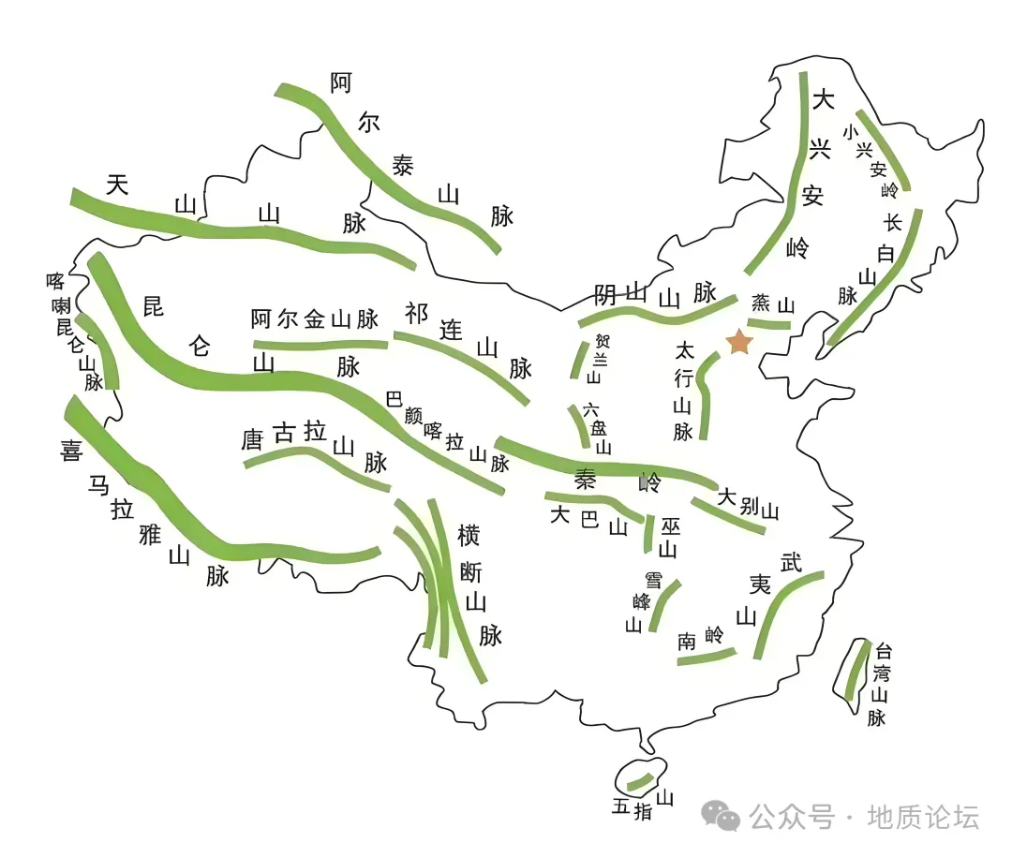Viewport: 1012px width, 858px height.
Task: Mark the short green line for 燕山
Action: click(769, 324)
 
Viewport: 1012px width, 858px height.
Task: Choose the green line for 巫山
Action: click(647, 533)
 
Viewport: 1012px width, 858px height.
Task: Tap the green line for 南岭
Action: click(707, 658)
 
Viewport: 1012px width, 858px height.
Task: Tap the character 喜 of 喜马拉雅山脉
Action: click(71, 451)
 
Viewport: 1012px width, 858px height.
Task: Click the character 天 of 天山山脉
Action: click(116, 185)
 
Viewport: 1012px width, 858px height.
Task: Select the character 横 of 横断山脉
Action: click(469, 536)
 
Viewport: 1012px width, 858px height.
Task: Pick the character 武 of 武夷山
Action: click(792, 562)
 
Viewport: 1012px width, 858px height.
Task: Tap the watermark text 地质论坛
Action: click(923, 818)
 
